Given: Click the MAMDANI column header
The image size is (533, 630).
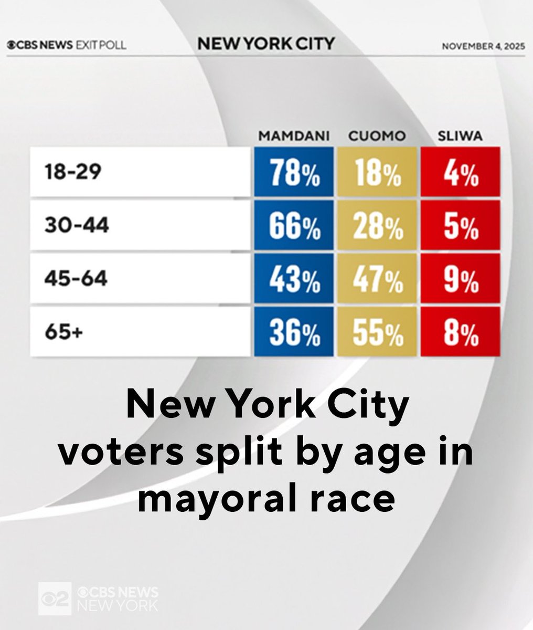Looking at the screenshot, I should click(x=293, y=136).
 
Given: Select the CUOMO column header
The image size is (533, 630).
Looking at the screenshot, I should click(x=377, y=136).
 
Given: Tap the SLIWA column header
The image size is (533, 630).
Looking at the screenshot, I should click(x=460, y=136).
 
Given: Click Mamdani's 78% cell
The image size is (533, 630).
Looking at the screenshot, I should click(x=293, y=173).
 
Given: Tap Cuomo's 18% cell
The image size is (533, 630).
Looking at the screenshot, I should click(x=377, y=173).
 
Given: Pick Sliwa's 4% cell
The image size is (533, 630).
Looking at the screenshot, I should click(x=460, y=173).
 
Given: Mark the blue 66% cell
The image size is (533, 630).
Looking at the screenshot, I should click(x=293, y=226).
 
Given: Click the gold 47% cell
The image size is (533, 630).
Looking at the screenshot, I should click(x=377, y=279).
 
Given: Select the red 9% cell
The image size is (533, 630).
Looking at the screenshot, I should click(x=460, y=279).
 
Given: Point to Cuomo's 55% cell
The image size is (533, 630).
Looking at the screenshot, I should click(x=377, y=332).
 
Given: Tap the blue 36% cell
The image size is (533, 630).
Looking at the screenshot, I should click(x=293, y=332).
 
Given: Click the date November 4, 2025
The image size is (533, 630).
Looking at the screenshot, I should click(x=483, y=45).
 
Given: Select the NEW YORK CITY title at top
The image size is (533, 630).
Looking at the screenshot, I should click(x=265, y=44).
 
